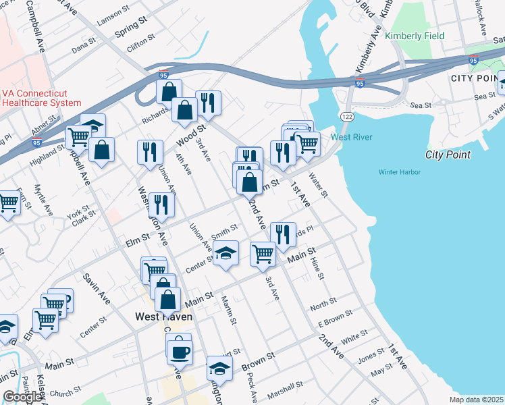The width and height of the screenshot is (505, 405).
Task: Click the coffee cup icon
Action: (180, 352)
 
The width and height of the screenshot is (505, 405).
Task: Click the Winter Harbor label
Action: (399, 172)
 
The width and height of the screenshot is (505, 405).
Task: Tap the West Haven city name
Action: (163, 317)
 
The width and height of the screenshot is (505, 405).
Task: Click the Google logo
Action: (22, 397)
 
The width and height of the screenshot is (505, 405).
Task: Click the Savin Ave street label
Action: (96, 287)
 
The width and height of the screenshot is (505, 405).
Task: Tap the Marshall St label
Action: (284, 390)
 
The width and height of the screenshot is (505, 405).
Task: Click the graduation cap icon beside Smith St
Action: (226, 254)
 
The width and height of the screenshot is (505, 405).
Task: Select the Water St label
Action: (317, 185)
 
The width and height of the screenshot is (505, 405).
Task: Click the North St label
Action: (323, 304)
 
